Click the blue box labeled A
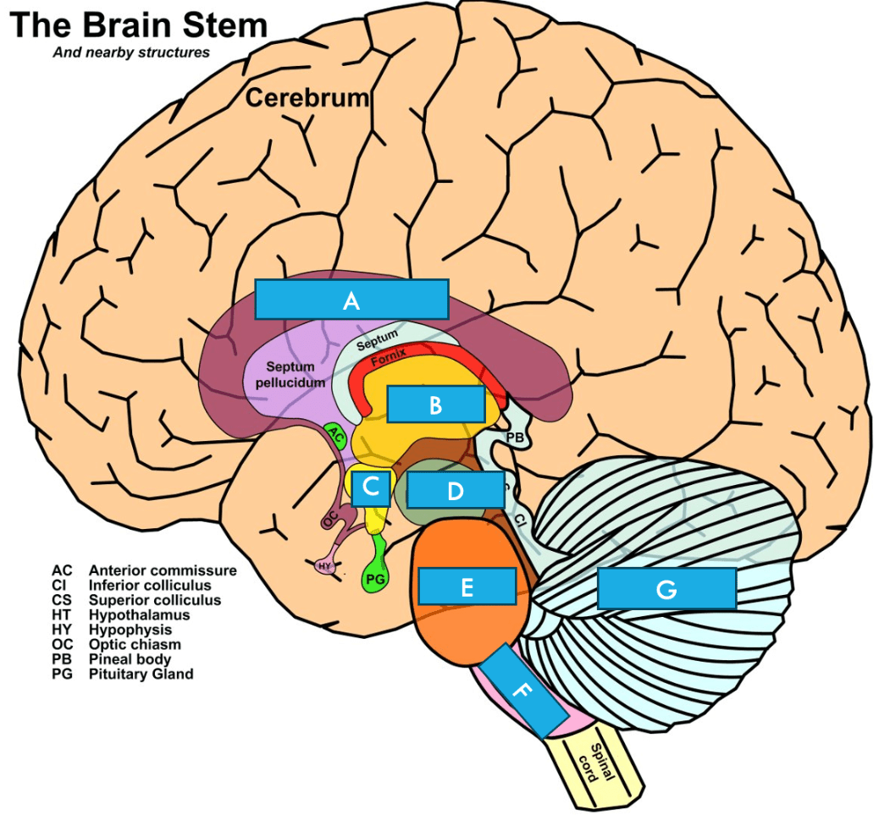pos(351,299)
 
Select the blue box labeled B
pos(435,404)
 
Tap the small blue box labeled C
pos(371,488)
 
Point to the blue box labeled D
pos(456,489)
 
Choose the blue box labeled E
pos(467,586)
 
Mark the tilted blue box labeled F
pos(523,690)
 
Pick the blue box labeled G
pos(666,588)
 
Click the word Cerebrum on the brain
pos(307,97)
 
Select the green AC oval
pos(336,435)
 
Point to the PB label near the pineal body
pos(515,438)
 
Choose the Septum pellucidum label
pos(290,375)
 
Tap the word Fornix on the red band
pos(388,357)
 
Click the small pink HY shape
pos(325,566)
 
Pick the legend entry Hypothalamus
pos(139,614)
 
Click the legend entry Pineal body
pos(130,658)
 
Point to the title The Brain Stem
pos(139,25)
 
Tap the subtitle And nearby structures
pos(131,52)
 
